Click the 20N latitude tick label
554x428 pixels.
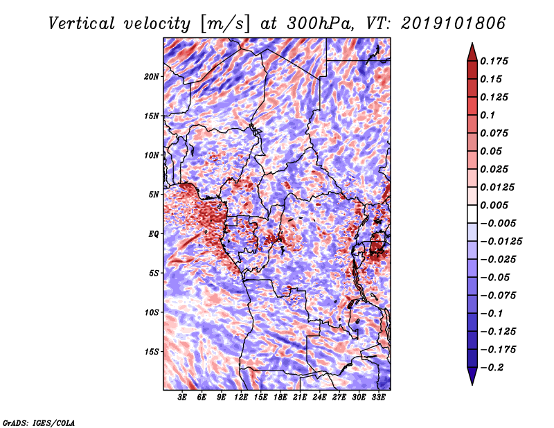click(x=151, y=76)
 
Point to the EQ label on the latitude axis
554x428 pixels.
click(x=154, y=233)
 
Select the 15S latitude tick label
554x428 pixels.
click(x=151, y=352)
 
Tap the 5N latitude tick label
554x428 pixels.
click(x=154, y=195)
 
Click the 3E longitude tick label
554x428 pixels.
click(x=182, y=398)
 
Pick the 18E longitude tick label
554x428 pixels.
click(x=280, y=398)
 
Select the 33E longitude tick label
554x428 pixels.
click(x=378, y=398)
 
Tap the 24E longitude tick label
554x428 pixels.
click(x=319, y=398)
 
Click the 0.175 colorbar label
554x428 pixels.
click(x=494, y=61)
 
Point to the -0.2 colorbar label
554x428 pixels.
click(x=492, y=368)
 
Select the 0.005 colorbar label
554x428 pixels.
click(x=494, y=205)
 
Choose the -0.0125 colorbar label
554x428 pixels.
click(x=501, y=242)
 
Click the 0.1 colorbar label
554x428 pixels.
click(x=488, y=115)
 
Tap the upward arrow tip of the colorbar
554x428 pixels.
click(x=472, y=43)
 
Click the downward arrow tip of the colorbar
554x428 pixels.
click(x=472, y=384)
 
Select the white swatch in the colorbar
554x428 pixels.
click(x=472, y=214)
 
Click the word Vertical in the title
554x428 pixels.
click(x=82, y=24)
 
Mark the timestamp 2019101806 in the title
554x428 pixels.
click(x=454, y=24)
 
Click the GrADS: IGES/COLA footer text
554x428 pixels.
click(x=39, y=422)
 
